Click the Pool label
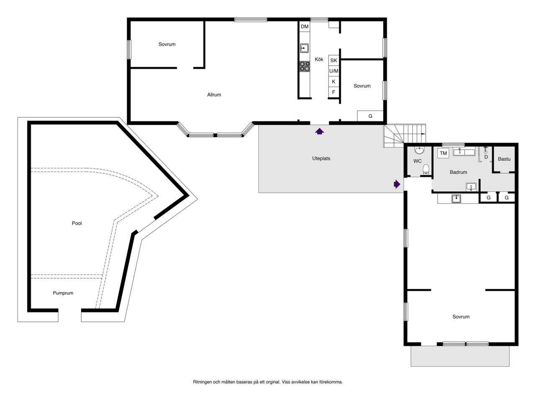click(77, 223)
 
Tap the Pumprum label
click(63, 293)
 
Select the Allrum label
click(214, 95)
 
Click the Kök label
click(319, 59)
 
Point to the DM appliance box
click(304, 26)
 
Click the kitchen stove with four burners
click(304, 67)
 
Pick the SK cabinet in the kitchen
click(334, 60)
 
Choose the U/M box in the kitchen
click(334, 71)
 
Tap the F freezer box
click(334, 92)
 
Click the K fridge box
click(334, 82)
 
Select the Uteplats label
click(321, 158)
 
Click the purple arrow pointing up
click(320, 132)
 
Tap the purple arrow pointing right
click(397, 184)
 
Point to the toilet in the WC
click(426, 170)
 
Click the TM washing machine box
click(443, 153)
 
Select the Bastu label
click(504, 159)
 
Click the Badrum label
click(458, 172)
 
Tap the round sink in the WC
click(419, 150)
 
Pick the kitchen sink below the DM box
click(304, 48)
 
